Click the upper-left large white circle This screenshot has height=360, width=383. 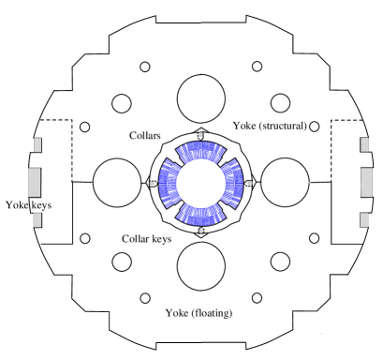point(122,103)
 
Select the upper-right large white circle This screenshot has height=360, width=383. point(280,103)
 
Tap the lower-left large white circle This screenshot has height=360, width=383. point(122,262)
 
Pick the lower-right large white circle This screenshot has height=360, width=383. point(280,262)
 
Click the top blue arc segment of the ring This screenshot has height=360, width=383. point(201,151)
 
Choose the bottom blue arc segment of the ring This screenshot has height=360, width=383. point(201,215)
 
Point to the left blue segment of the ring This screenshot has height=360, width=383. point(169,183)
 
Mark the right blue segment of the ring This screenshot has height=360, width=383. point(233,183)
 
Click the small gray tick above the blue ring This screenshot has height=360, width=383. point(200,134)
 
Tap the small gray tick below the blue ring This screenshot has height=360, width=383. point(200,231)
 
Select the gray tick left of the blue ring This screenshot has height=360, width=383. point(152,183)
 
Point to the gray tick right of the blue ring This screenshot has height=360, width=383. point(249,183)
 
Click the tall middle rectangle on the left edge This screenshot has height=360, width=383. point(35,182)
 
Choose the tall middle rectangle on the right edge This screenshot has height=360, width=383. point(366,182)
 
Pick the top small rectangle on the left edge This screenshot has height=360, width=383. point(37,144)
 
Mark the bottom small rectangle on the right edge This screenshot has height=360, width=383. point(364,219)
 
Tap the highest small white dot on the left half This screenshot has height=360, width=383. point(145,67)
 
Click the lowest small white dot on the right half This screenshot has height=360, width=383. point(257,298)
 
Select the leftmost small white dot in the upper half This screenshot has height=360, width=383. point(85,127)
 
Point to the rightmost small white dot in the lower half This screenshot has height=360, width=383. point(315,238)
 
